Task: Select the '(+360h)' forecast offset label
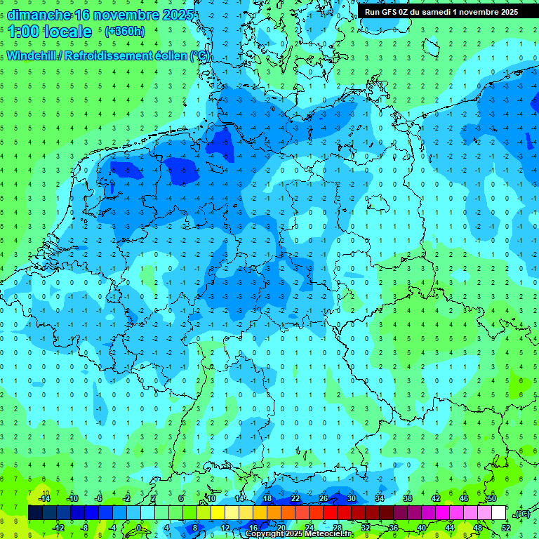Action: [124, 32]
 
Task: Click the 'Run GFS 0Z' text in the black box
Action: [386, 11]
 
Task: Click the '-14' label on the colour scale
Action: [45, 498]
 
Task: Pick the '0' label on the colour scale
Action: [140, 527]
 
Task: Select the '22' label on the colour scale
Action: [295, 498]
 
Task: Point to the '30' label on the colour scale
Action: [351, 498]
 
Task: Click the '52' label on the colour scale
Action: [505, 527]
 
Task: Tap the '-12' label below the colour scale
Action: [59, 527]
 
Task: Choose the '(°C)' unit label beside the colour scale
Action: [521, 514]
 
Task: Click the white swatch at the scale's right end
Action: [498, 512]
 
